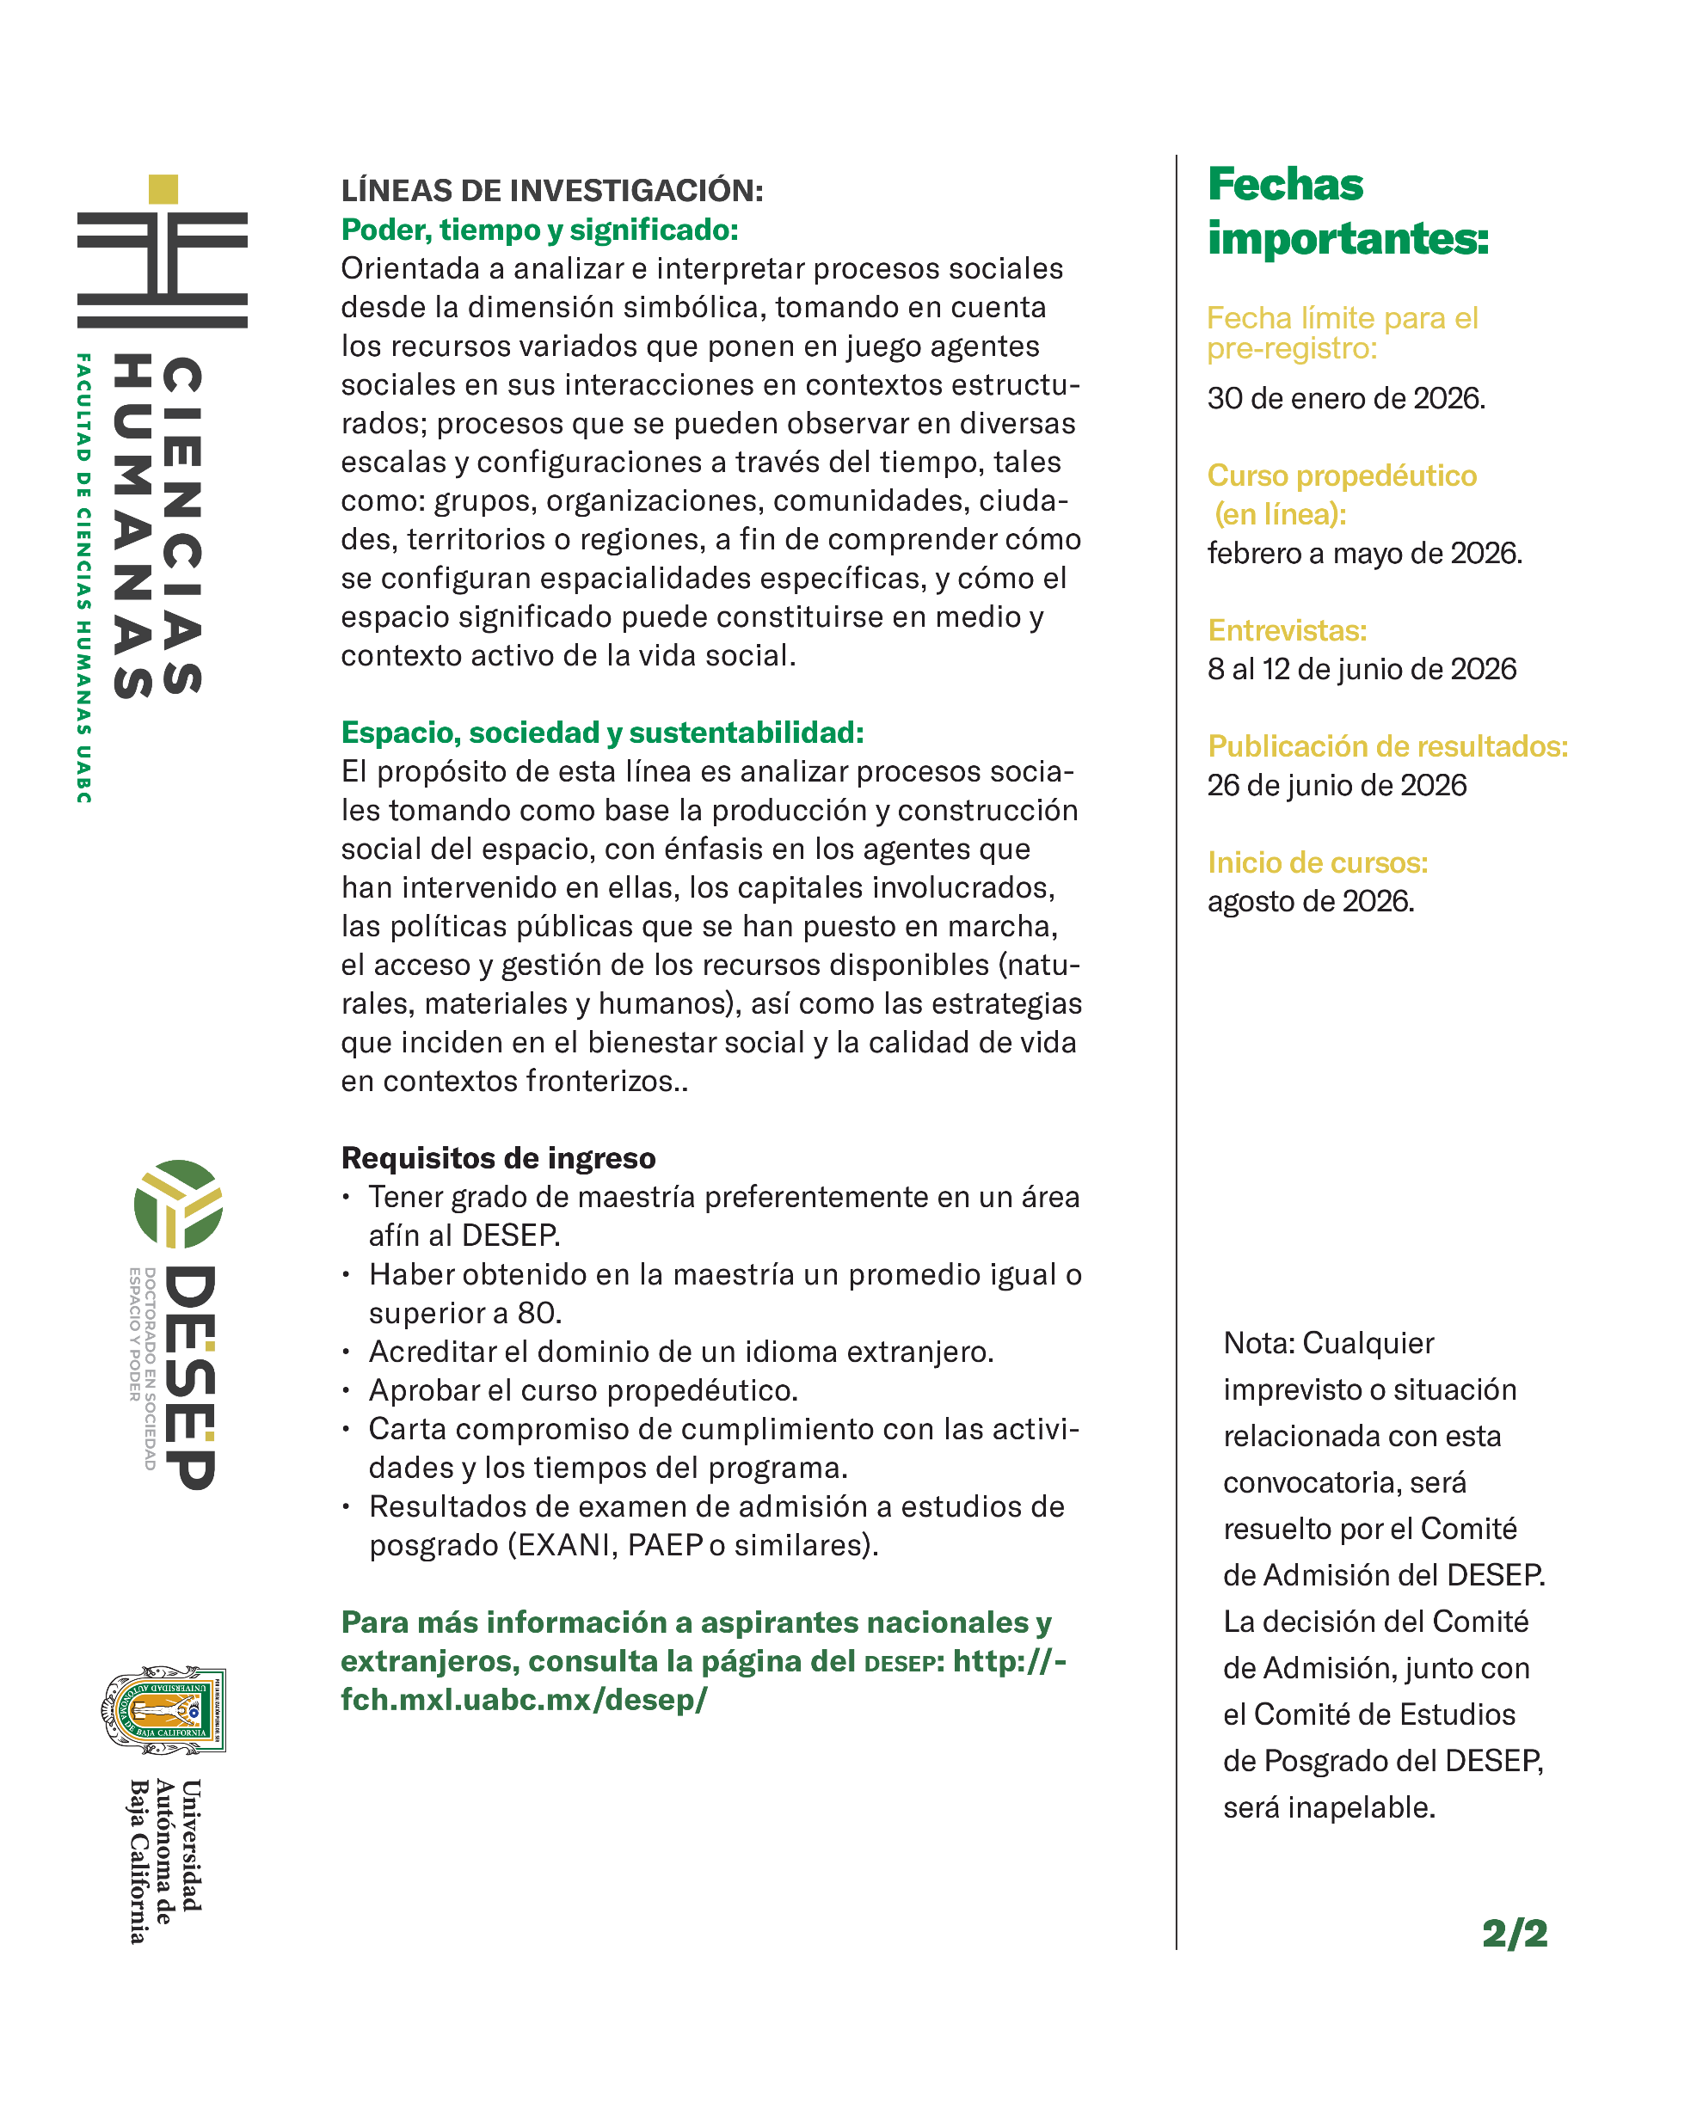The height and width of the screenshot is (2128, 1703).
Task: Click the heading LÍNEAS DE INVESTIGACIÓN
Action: point(552,191)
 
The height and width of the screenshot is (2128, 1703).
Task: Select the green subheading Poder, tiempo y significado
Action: point(539,230)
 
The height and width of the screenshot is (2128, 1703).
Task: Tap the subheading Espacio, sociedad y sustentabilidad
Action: point(602,733)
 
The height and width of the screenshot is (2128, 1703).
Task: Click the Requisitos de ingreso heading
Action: point(499,1158)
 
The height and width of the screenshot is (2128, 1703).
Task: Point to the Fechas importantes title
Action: point(1347,212)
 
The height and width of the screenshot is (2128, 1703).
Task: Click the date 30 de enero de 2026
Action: point(1345,398)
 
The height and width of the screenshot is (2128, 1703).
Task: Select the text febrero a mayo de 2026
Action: point(1364,553)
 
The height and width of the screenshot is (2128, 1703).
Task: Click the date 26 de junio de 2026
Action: point(1337,785)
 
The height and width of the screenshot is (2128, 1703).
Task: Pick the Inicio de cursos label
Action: point(1317,862)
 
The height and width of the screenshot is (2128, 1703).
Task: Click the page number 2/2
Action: point(1515,1933)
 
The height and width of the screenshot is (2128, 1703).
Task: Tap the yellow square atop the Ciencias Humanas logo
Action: point(163,188)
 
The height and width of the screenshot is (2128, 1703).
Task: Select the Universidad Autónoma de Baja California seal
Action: point(165,1710)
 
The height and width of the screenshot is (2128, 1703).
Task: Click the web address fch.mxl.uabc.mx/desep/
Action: point(524,1700)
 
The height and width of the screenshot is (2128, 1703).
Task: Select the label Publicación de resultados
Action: point(1387,746)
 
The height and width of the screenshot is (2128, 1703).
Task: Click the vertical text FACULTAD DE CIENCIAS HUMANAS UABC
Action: point(84,578)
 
